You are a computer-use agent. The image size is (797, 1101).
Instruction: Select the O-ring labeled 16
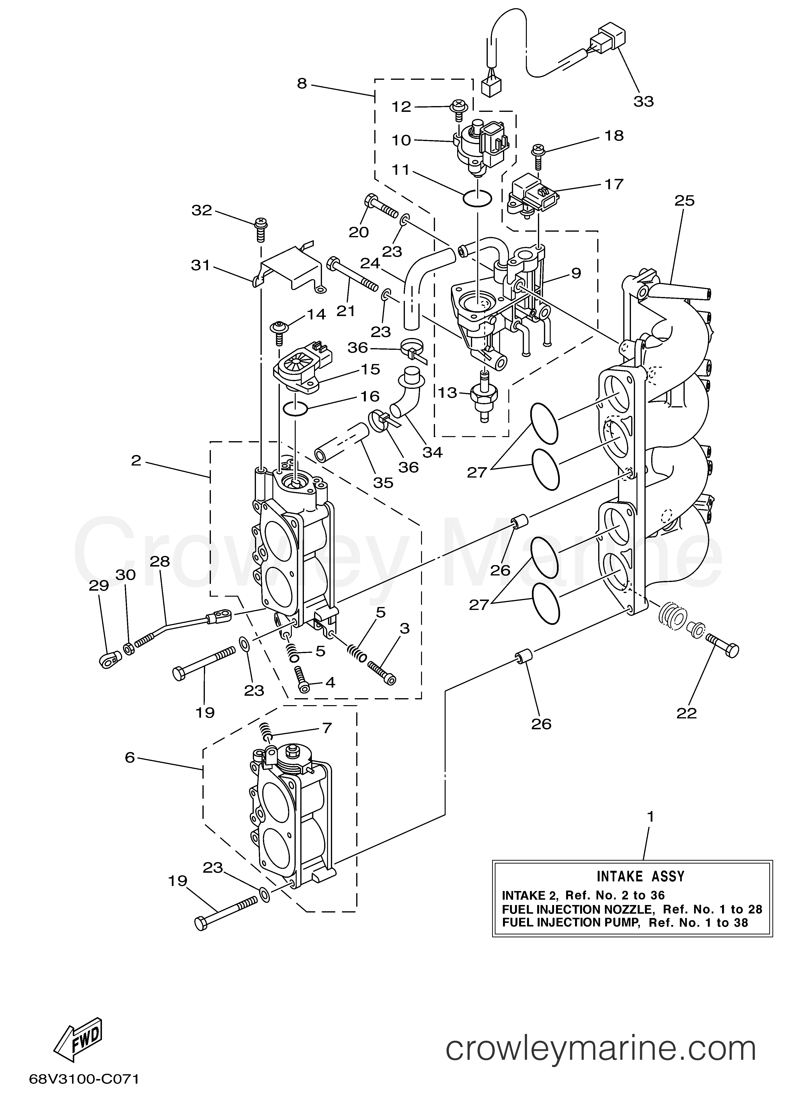pos(295,409)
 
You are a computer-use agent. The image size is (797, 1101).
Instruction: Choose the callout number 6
pos(130,757)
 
